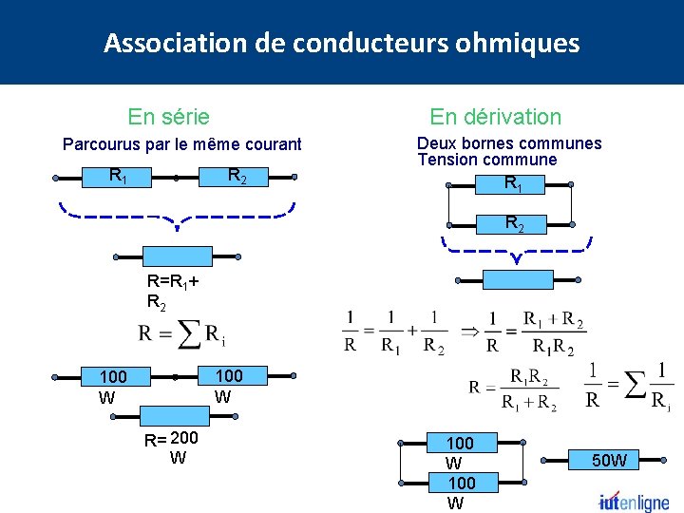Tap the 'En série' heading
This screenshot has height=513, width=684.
[x=169, y=117]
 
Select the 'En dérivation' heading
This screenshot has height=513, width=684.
[x=495, y=117]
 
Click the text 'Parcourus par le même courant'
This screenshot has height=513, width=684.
[x=181, y=144]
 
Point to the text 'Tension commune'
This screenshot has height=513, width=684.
[x=486, y=160]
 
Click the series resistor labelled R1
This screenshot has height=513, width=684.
[x=119, y=176]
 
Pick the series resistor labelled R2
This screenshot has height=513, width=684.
[x=237, y=176]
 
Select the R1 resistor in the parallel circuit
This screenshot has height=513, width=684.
[x=511, y=183]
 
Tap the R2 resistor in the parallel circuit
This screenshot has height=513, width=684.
[x=512, y=224]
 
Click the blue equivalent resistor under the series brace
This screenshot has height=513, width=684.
[x=177, y=256]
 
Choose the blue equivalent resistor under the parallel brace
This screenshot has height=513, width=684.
[x=517, y=280]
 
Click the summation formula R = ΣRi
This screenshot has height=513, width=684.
[x=181, y=335]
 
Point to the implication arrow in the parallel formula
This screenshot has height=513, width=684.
[x=468, y=332]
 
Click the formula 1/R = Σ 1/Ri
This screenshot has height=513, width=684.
[x=627, y=385]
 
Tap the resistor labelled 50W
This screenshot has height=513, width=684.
[x=609, y=461]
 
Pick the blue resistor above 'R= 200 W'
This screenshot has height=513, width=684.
[x=177, y=415]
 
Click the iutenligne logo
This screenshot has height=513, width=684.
[x=634, y=501]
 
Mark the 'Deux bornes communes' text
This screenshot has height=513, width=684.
[x=509, y=143]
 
